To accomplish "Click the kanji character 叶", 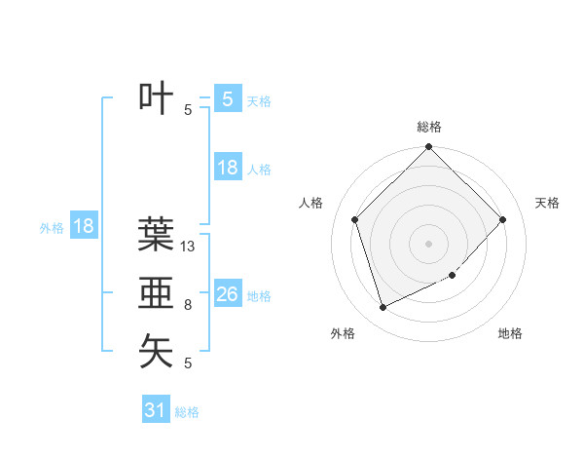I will [157, 98].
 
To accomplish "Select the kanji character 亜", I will [157, 293].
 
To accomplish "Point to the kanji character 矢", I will [157, 351].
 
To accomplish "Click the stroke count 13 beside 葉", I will [189, 248].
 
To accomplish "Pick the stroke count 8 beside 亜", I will [188, 306].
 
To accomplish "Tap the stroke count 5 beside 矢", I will [188, 363].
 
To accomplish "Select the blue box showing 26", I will [227, 293].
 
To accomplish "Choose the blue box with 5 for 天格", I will [227, 98].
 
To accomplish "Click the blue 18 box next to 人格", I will [227, 168].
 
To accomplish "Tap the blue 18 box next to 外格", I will [84, 226].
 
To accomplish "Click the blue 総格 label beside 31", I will [187, 412].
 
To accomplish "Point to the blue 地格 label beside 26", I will [259, 296].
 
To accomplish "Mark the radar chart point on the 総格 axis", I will [428, 148].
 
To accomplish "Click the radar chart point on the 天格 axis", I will [503, 219].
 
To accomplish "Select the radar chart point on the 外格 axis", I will [383, 308].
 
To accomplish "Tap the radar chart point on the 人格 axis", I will [355, 219].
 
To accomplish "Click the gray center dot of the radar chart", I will [428, 243].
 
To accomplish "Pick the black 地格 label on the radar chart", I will [510, 334].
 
